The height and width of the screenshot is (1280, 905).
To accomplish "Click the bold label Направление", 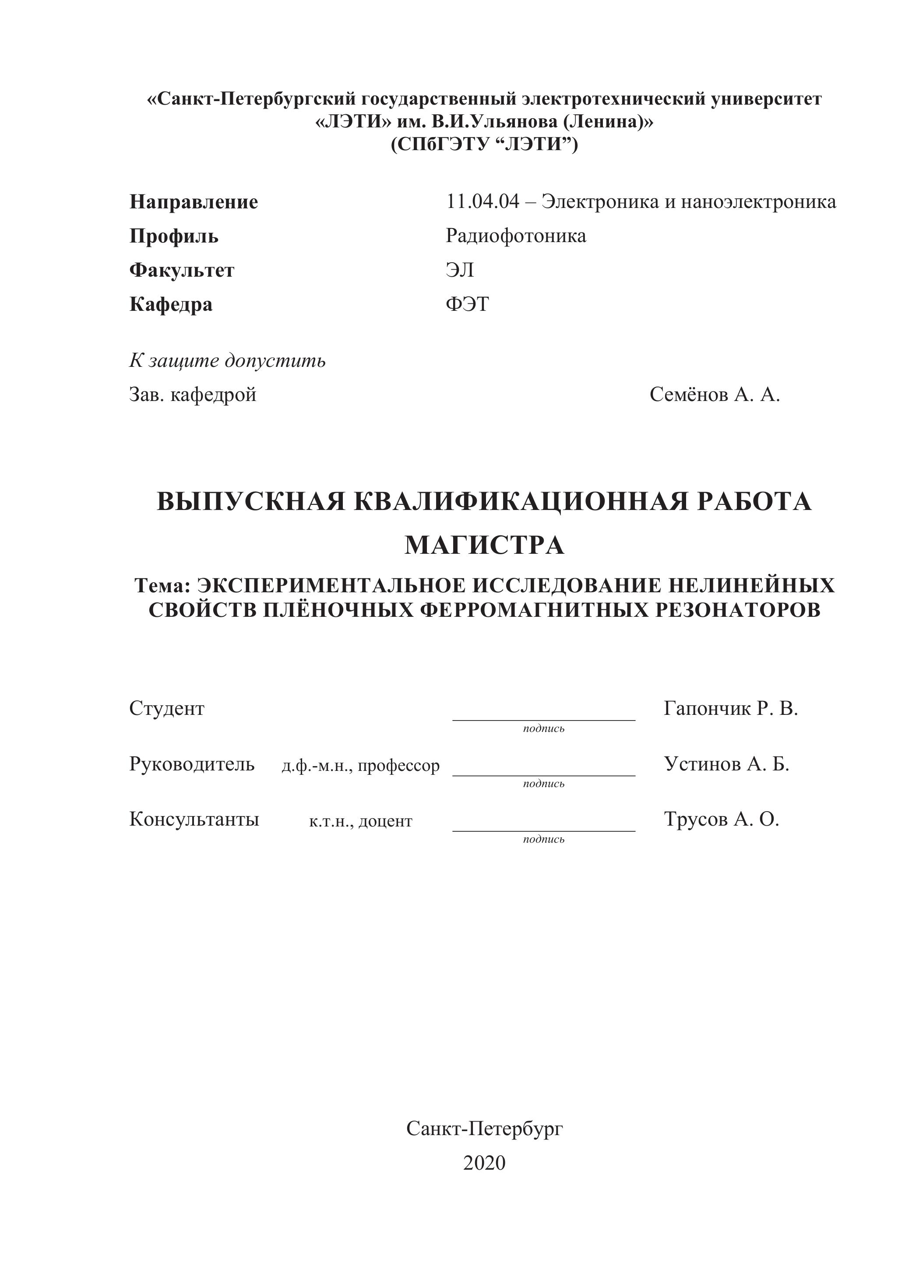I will click(194, 202).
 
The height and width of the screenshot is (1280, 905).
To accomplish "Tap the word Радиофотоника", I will click(516, 236).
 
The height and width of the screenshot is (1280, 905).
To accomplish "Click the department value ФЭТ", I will click(467, 304).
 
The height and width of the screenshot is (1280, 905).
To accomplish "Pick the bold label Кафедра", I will click(171, 304).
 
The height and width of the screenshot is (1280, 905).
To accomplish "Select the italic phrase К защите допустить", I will click(228, 361).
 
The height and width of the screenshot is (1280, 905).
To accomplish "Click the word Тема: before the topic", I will click(162, 585).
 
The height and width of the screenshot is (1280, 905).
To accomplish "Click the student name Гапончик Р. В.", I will click(730, 709).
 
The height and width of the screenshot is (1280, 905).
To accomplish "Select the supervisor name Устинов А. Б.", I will click(726, 764).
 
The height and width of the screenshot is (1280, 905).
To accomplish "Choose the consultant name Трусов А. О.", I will click(721, 819).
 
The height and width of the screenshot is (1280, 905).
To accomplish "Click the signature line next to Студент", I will click(544, 719).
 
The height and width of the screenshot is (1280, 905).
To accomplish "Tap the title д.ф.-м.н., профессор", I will click(360, 766).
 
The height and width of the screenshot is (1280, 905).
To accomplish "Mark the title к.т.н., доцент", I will click(360, 821).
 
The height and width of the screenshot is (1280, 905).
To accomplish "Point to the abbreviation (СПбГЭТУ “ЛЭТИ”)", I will click(484, 144).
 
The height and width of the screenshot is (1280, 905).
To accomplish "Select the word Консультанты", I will click(194, 819).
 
